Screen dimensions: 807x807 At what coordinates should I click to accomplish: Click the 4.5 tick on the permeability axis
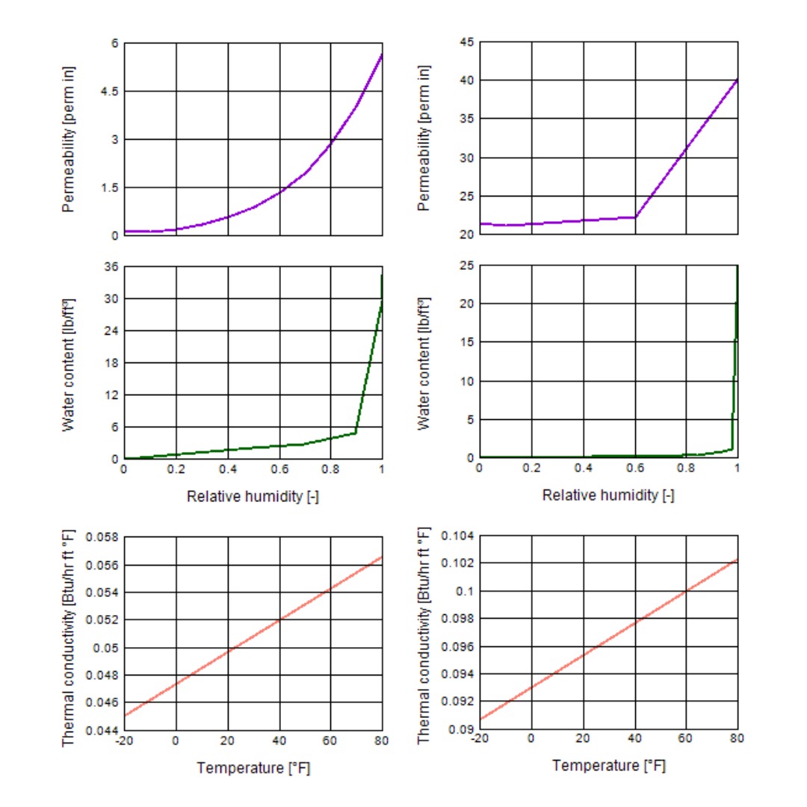click(x=109, y=91)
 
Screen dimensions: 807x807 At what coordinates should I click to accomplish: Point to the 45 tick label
click(x=466, y=43)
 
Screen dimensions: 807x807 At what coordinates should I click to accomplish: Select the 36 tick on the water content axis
click(x=111, y=267)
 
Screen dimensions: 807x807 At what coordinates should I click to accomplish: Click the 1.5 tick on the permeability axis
click(x=109, y=188)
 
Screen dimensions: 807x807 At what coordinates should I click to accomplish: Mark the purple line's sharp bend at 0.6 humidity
click(x=635, y=217)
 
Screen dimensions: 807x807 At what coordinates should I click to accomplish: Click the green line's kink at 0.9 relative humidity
click(x=356, y=433)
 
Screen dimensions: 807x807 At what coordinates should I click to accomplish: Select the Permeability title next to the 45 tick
click(x=424, y=138)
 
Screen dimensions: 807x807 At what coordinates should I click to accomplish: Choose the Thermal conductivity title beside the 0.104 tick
click(x=424, y=634)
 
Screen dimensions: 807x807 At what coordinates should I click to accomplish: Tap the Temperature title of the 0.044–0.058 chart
click(x=253, y=768)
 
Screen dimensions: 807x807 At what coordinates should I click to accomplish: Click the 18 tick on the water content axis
click(x=111, y=363)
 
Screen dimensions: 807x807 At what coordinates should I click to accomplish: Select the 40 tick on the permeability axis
click(x=466, y=81)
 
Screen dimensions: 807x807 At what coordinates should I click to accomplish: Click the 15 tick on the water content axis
click(x=466, y=342)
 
